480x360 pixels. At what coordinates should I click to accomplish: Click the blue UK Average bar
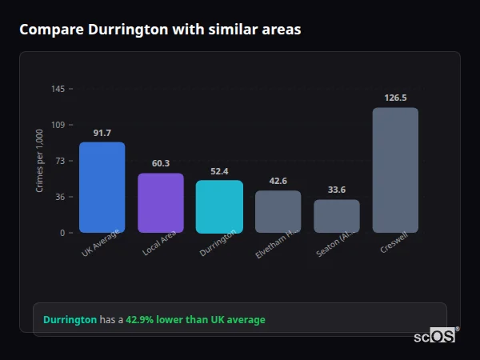pos(102,187)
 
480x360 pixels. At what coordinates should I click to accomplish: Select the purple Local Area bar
pos(161,203)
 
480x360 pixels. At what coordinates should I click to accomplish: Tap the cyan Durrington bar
pos(219,206)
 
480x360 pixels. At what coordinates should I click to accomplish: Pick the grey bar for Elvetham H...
pos(278,211)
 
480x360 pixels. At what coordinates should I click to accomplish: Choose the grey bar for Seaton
pos(337,216)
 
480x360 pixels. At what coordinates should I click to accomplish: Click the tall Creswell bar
pos(395,170)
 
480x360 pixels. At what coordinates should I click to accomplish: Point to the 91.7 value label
pos(102,133)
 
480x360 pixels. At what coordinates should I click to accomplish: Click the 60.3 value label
pos(161,163)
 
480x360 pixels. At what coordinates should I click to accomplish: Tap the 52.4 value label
pos(219,171)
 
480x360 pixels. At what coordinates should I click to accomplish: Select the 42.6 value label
pos(278,181)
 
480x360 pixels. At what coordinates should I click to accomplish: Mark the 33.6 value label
pos(337,190)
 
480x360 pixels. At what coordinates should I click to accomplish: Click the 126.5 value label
pos(395,98)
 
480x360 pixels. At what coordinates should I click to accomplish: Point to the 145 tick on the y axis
pos(58,89)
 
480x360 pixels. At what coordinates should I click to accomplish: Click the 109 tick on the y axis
pos(58,125)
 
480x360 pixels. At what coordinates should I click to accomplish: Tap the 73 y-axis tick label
pos(60,161)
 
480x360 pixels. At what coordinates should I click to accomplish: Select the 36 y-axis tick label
pos(60,197)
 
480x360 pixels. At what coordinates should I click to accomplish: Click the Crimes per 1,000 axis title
pos(39,161)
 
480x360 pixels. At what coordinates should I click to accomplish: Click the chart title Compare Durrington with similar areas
pos(160,30)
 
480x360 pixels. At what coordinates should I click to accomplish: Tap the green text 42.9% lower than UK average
pos(195,320)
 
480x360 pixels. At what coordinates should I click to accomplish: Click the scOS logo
pos(435,337)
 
